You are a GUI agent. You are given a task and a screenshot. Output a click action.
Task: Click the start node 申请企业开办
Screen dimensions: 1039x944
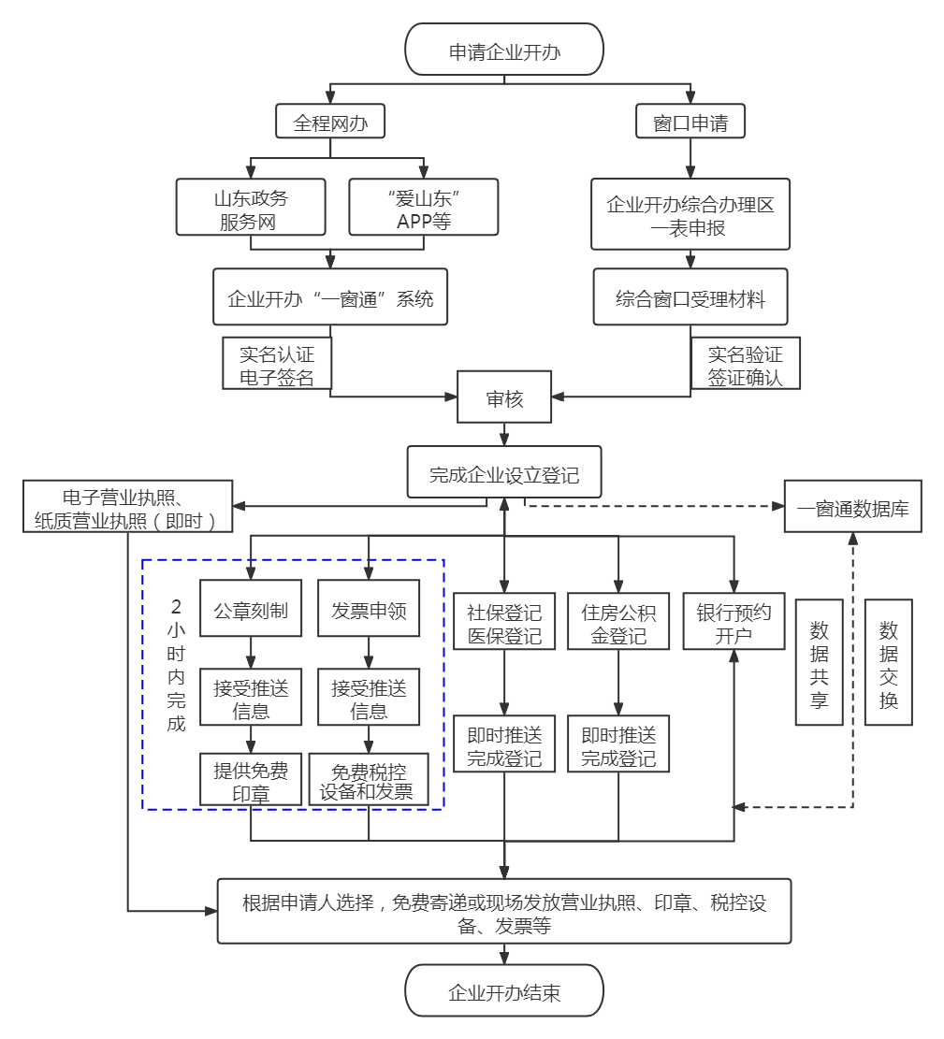click(504, 51)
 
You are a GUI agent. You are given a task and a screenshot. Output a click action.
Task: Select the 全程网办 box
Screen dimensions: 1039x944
click(330, 123)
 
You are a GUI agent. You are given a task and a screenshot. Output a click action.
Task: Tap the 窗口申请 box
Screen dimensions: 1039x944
click(690, 123)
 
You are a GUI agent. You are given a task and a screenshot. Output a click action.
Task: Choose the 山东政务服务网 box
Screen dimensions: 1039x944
click(251, 207)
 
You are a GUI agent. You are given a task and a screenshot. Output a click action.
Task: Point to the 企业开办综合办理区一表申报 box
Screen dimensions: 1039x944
click(690, 214)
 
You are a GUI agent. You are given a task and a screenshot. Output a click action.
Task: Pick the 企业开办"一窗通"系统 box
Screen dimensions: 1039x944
click(330, 299)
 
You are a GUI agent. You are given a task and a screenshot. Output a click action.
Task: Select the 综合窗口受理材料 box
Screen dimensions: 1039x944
click(690, 299)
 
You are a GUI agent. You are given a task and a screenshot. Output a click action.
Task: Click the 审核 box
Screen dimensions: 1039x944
click(504, 398)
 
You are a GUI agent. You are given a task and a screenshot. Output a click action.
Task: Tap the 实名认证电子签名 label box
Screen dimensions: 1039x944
click(276, 365)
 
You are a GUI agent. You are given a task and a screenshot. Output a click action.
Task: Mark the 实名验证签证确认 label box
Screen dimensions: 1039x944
click(745, 365)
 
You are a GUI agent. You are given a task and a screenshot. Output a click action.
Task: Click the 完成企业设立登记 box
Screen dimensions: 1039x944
click(504, 472)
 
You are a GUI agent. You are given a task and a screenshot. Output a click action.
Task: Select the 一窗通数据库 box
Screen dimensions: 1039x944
click(852, 508)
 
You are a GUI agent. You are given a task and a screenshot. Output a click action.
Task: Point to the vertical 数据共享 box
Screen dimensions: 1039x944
click(819, 662)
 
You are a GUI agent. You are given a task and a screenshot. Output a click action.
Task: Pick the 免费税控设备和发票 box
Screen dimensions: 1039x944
click(369, 780)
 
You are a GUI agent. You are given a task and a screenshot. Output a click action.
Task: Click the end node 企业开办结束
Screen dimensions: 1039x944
click(504, 991)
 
